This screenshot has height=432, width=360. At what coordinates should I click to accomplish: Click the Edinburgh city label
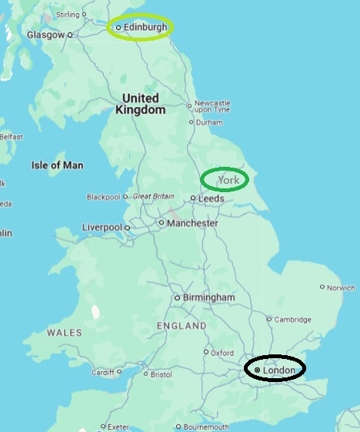[x=145, y=27]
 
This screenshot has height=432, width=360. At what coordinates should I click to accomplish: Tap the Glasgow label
[x=45, y=35]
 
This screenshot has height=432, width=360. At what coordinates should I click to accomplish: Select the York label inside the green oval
[x=229, y=180]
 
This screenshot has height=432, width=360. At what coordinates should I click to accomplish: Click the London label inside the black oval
[x=278, y=370]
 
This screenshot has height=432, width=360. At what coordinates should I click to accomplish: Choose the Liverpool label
[x=102, y=228]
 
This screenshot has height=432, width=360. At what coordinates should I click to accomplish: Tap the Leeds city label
[x=212, y=198]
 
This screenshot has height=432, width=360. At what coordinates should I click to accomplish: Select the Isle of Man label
[x=57, y=165]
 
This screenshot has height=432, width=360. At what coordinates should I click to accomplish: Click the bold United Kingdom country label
[x=141, y=104]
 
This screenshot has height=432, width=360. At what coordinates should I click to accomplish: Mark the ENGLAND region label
[x=182, y=326]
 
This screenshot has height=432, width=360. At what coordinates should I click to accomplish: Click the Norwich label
[x=341, y=288]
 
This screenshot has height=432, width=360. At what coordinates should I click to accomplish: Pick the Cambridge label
[x=293, y=320]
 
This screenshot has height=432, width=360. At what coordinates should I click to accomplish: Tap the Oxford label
[x=222, y=353]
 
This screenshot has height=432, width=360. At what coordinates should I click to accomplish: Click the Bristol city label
[x=162, y=375]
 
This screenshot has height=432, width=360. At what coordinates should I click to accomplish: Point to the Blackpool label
[x=104, y=197]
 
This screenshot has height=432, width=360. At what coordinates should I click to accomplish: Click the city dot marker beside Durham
[x=192, y=121]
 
